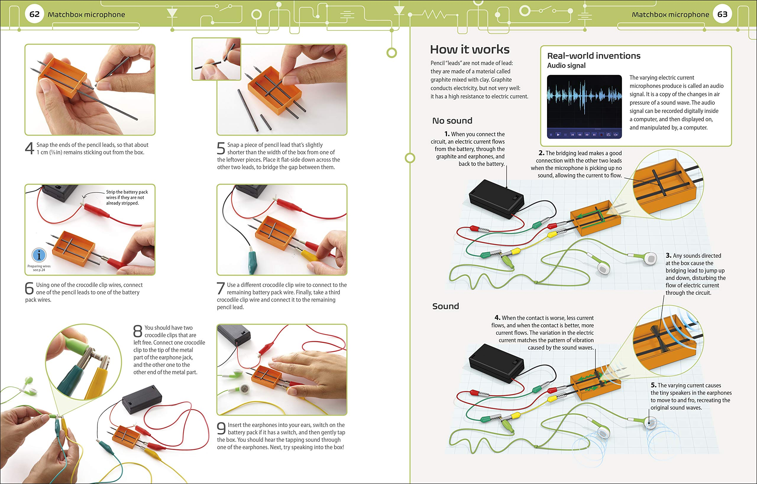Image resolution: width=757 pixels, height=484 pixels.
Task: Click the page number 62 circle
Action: pos(34,14)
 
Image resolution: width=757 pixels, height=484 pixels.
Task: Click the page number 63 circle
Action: pos(722,14)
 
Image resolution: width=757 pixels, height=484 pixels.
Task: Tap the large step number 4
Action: pos(29,148)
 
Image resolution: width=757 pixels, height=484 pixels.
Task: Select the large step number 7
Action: pos(221,289)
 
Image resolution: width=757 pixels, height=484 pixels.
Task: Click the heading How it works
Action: pos(470,49)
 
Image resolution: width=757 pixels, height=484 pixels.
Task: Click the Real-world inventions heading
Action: pos(593,56)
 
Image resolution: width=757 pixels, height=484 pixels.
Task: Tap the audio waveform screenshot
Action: pos(584,106)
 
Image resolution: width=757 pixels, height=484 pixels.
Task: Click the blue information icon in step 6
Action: pos(39,255)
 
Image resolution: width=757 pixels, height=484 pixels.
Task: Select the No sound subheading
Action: pos(452,121)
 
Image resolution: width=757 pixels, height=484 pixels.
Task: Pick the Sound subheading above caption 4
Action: pos(445,306)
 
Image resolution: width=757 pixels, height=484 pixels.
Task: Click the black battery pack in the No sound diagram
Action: pos(496,199)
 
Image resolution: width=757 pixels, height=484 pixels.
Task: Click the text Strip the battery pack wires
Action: pos(127,198)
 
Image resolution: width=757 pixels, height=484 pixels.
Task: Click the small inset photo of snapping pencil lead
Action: pos(216,59)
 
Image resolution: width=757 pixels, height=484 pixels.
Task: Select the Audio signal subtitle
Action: pos(566,66)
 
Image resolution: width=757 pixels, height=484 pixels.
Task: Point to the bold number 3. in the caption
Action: pos(668,255)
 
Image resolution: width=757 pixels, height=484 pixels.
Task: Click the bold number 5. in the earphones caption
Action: pos(653,385)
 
